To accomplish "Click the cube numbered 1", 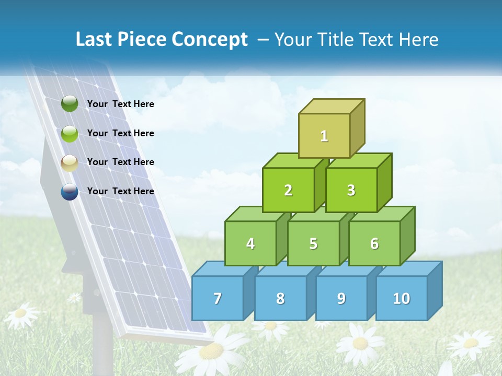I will coord(324,136).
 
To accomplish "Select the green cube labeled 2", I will coord(288,190).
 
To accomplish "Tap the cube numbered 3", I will coord(351,190).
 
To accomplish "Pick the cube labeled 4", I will coord(250,243).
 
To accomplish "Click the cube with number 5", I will coord(313,243).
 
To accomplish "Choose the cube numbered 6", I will coord(374,243).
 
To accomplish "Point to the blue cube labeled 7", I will coord(218,298).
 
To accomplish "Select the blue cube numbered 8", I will coord(280,298).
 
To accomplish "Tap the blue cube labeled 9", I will coord(341,298).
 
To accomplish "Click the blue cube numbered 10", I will coord(401,298).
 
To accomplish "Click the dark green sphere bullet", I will coord(70,104).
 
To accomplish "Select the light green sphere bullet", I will coord(70,134).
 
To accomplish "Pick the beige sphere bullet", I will coord(70,163).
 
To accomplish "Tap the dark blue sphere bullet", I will coord(70,192).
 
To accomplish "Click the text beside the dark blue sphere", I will coord(121,191).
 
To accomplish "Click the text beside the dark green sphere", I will coord(121,104).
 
